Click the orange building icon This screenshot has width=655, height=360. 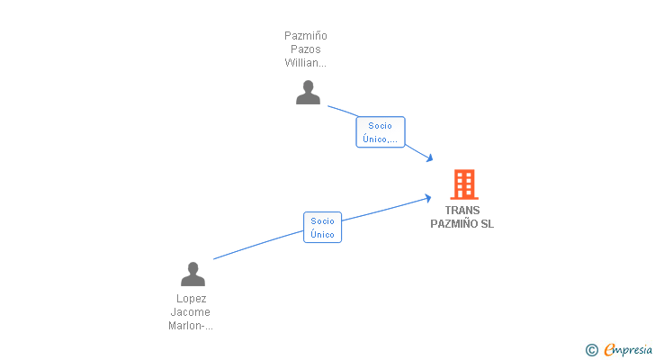[x=463, y=184]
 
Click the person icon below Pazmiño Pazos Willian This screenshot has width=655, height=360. [x=308, y=93]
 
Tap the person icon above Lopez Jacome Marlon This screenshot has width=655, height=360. [x=193, y=274]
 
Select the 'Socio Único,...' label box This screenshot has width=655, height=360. [x=381, y=132]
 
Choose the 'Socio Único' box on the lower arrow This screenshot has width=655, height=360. [x=322, y=228]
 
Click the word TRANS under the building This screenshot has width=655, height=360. [x=462, y=211]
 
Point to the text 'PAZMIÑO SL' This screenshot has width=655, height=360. [x=462, y=224]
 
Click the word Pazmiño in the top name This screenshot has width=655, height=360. [x=306, y=36]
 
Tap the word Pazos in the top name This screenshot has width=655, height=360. [x=306, y=49]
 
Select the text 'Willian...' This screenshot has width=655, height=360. [x=306, y=63]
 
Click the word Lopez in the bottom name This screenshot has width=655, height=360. [x=191, y=299]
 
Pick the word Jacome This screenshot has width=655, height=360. [x=191, y=312]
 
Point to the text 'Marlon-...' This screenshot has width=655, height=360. [x=191, y=326]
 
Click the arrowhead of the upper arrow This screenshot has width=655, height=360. [x=430, y=158]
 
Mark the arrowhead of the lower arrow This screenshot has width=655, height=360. [x=427, y=197]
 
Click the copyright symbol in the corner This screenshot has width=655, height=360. [x=591, y=349]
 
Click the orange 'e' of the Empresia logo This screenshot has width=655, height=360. [x=609, y=349]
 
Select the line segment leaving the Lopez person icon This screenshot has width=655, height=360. [x=256, y=246]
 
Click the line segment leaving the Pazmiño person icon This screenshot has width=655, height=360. [x=342, y=112]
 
